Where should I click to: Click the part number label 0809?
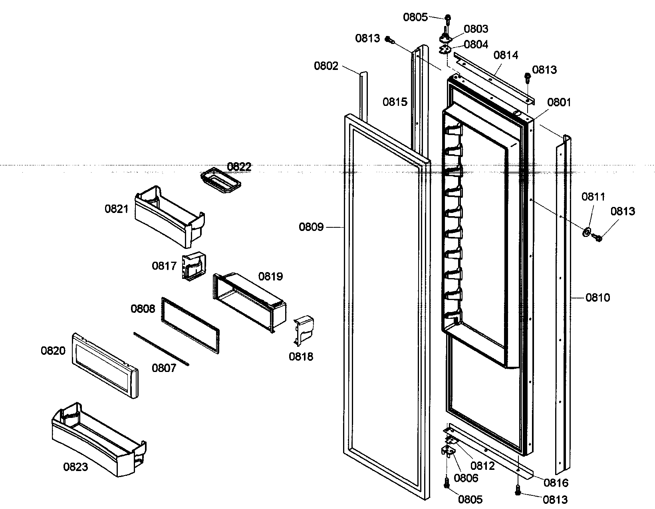pyautogui.click(x=311, y=227)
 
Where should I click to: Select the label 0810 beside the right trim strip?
pyautogui.click(x=597, y=298)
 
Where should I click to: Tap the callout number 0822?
pyautogui.click(x=239, y=167)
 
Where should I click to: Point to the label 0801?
pyautogui.click(x=559, y=103)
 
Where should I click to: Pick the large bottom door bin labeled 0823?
pyautogui.click(x=98, y=439)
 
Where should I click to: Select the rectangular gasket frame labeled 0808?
pyautogui.click(x=190, y=326)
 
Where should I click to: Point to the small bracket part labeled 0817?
pyautogui.click(x=194, y=266)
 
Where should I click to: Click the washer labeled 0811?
pyautogui.click(x=587, y=232)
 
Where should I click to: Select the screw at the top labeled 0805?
pyautogui.click(x=448, y=18)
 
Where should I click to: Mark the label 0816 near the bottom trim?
pyautogui.click(x=556, y=483)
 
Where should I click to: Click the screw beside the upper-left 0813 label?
pyautogui.click(x=389, y=40)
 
